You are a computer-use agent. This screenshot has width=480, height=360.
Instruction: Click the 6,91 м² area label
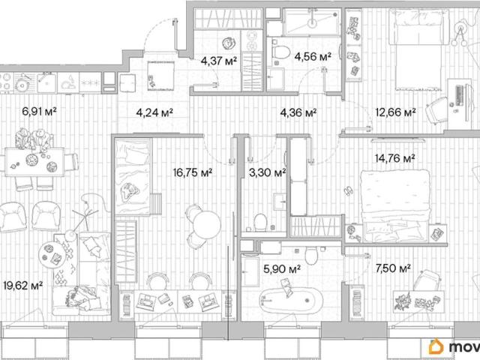39,111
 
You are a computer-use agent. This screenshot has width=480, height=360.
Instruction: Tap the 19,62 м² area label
23,286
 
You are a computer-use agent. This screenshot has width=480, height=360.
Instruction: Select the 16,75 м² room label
193,172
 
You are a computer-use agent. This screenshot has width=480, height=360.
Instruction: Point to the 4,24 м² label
154,112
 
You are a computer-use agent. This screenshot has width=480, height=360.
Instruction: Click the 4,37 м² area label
219,61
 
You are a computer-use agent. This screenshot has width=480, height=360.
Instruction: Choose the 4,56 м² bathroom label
313,56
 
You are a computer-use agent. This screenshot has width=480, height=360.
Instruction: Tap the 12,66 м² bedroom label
395,112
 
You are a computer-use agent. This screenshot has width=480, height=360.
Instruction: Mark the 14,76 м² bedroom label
395,158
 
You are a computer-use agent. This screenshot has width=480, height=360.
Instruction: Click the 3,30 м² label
268,172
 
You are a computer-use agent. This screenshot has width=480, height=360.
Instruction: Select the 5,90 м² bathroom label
282,268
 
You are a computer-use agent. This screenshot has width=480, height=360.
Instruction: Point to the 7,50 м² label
393,268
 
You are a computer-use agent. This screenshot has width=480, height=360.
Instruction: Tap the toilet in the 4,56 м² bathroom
280,52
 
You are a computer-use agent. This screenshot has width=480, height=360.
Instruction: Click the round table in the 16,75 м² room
207,224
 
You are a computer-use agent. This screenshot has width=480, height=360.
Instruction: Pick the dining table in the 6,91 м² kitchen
34,162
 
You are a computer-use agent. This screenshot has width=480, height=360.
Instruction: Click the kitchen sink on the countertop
46,82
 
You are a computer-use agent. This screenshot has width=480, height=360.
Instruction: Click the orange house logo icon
436,346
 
